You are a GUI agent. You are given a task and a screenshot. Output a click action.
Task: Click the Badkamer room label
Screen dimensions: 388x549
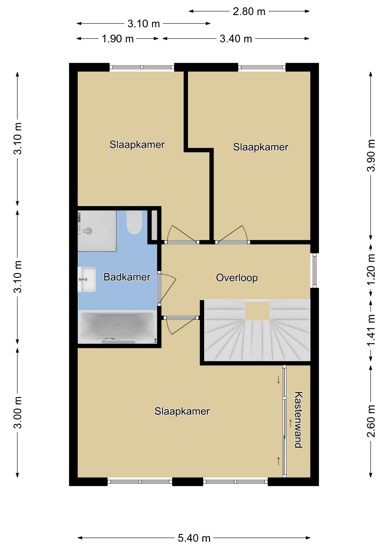pyautogui.click(x=127, y=277)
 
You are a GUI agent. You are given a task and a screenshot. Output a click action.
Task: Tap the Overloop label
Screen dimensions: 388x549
pyautogui.click(x=237, y=278)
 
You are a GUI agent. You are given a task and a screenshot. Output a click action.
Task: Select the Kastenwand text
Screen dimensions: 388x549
pyautogui.click(x=298, y=420)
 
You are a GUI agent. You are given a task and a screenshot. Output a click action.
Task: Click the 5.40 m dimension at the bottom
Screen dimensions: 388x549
pyautogui.click(x=194, y=538)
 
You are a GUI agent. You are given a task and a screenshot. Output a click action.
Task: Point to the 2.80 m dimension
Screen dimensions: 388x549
pyautogui.click(x=249, y=11)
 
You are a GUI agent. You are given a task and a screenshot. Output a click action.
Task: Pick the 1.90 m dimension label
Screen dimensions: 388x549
pyautogui.click(x=118, y=39)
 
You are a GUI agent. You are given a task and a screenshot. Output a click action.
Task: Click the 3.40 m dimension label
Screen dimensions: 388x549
pyautogui.click(x=236, y=39)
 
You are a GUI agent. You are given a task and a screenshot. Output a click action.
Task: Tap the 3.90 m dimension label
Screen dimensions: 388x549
pyautogui.click(x=371, y=155)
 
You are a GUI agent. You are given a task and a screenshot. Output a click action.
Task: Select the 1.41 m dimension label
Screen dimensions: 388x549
pyautogui.click(x=371, y=330)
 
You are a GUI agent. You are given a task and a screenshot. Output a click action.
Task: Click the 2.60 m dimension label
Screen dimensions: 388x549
pyautogui.click(x=371, y=421)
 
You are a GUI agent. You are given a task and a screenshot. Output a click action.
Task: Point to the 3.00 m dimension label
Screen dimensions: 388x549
pyautogui.click(x=18, y=413)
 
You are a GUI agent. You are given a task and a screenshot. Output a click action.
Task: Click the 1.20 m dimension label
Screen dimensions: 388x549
pyautogui.click(x=371, y=270)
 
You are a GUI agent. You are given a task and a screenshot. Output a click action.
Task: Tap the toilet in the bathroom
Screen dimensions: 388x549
pyautogui.click(x=134, y=222)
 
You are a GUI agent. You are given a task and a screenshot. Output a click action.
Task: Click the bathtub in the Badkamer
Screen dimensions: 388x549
pyautogui.click(x=117, y=327)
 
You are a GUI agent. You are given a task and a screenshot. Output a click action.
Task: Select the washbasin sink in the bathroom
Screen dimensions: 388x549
pyautogui.click(x=86, y=279)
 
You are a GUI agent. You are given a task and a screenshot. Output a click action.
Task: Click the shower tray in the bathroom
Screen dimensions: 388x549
pyautogui.click(x=97, y=231)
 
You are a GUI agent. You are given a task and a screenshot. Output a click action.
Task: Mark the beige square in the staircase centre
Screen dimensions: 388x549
pyautogui.click(x=257, y=311)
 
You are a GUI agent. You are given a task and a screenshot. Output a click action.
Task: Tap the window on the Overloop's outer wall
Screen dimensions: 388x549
pyautogui.click(x=314, y=270)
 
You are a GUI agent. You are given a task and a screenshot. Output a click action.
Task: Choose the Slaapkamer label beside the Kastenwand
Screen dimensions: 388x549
pyautogui.click(x=182, y=411)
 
